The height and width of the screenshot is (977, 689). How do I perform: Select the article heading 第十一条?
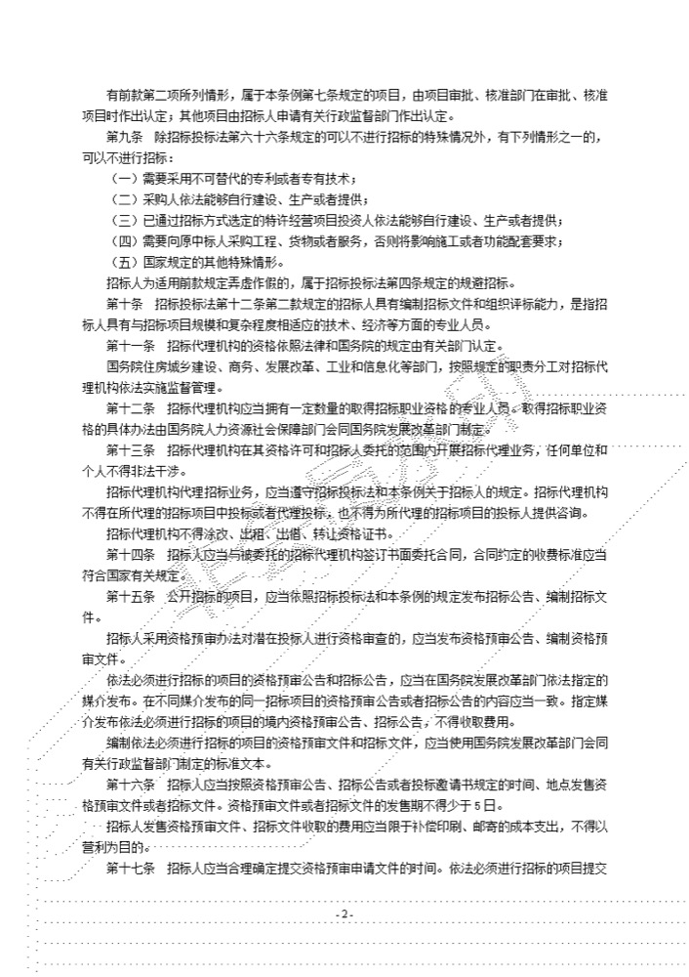point(128,347)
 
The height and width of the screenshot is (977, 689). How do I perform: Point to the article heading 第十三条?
point(128,451)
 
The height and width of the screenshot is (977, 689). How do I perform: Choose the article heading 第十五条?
point(128,598)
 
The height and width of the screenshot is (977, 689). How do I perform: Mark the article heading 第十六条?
point(128,786)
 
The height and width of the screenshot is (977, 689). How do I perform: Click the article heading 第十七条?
point(128,870)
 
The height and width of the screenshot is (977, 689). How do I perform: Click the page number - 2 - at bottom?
point(344,913)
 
